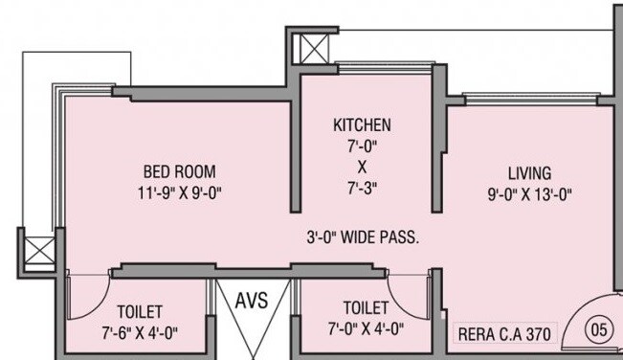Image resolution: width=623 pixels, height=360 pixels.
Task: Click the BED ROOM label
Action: (x=169, y=172)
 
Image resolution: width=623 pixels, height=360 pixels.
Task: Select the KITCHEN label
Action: (x=362, y=125)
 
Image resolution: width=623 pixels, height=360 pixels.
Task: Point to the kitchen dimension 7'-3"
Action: (x=362, y=187)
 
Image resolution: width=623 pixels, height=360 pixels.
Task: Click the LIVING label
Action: (x=529, y=173)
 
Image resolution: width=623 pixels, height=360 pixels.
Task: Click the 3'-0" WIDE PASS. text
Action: (x=363, y=236)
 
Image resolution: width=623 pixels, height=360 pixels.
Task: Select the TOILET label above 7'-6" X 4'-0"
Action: (x=140, y=312)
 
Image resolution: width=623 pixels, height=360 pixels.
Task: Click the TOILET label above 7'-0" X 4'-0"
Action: (x=366, y=308)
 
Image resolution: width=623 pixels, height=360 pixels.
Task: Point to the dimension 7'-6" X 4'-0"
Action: (x=140, y=331)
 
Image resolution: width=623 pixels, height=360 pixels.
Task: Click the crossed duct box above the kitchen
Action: (x=313, y=49)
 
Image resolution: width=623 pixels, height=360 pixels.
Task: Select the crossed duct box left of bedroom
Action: (x=39, y=253)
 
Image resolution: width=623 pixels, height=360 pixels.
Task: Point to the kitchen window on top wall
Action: (x=369, y=69)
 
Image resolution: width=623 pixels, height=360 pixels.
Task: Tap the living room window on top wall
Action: (x=521, y=97)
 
